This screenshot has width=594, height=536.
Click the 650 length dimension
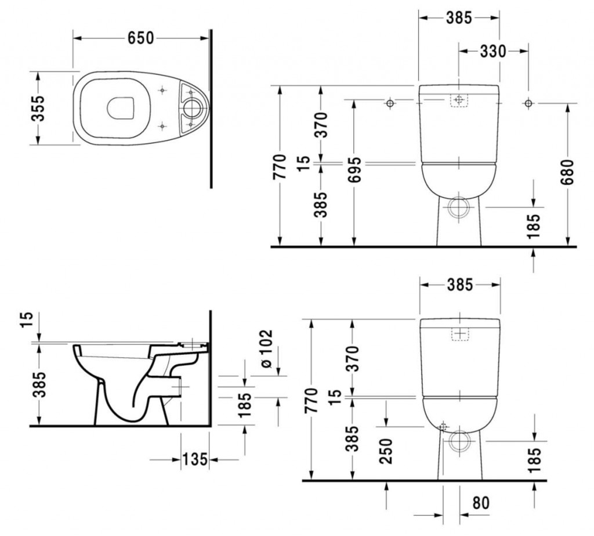pos(141,38)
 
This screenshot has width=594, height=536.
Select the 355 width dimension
pos(38,108)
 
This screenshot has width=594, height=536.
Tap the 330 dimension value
pos(493,51)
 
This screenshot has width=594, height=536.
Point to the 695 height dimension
pos(355,170)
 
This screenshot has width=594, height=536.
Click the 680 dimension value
pos(567,172)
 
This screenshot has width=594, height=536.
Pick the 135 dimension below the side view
pos(195,459)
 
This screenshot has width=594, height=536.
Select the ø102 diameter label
pos(266,348)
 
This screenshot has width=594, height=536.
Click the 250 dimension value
pos(386,451)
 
